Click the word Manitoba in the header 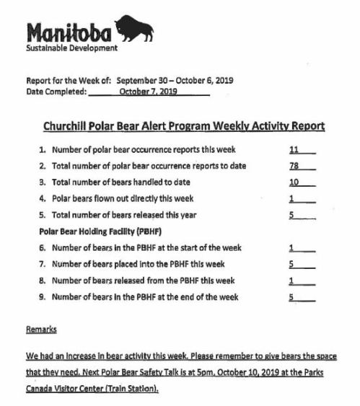(x=69, y=32)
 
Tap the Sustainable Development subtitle (x=71, y=49)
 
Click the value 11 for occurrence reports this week (x=294, y=149)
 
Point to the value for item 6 (x=291, y=247)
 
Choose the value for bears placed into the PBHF (x=291, y=264)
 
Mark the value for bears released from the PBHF (x=291, y=281)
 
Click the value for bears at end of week (x=291, y=297)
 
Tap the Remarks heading (x=40, y=329)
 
